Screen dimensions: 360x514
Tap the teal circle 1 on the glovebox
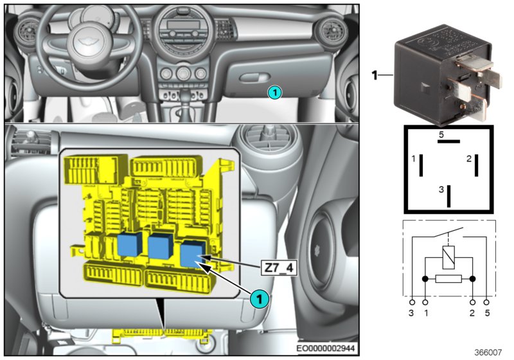[274, 93]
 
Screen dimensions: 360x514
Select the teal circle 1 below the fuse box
[258, 298]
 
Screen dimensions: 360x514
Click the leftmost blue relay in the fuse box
[130, 244]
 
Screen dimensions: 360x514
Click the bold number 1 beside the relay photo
[375, 76]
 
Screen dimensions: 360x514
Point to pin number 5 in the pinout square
[441, 135]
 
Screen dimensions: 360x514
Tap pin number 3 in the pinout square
[441, 190]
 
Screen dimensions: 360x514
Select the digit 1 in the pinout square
[414, 158]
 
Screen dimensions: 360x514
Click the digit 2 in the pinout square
[469, 158]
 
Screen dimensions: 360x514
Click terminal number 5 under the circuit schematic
[487, 313]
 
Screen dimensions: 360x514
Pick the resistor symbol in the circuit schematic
[448, 279]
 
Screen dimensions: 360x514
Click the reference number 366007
[489, 352]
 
